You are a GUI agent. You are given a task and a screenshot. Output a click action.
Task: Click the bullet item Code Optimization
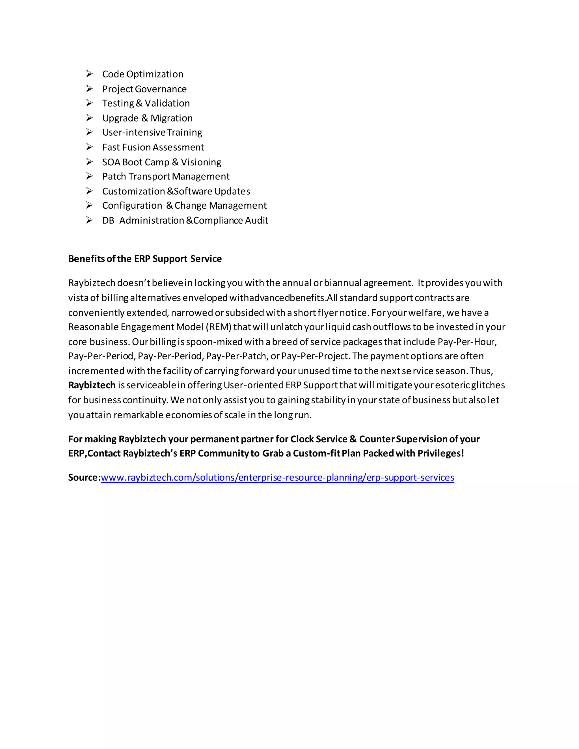[x=143, y=74]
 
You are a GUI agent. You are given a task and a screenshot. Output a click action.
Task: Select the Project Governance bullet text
[x=144, y=89]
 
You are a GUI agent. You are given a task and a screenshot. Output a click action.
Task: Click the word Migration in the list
[x=172, y=118]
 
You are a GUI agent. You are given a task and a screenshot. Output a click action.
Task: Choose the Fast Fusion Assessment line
[x=153, y=148]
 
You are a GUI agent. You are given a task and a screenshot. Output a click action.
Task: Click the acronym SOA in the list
[x=111, y=162]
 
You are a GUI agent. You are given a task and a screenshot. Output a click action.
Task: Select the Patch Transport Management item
[x=166, y=177]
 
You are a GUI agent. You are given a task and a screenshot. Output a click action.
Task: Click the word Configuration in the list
[x=132, y=206]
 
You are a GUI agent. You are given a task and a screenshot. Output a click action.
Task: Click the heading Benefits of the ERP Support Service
[x=145, y=259]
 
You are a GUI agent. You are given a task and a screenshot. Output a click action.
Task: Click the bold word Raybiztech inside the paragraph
[x=92, y=386]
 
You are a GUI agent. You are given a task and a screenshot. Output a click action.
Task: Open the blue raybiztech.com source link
[x=277, y=478]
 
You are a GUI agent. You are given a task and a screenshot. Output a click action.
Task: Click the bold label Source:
[x=84, y=478]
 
